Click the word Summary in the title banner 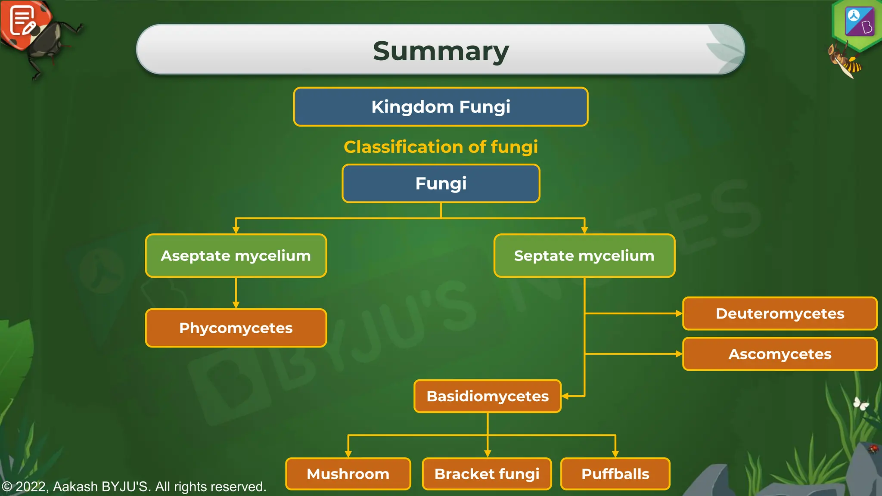(x=441, y=51)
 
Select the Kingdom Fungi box (x=441, y=107)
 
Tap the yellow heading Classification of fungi (x=441, y=147)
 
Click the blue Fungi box (x=441, y=183)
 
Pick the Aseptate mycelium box (x=236, y=256)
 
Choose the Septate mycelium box (x=584, y=256)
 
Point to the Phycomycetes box (x=236, y=328)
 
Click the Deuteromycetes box (x=780, y=313)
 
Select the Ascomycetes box (x=780, y=354)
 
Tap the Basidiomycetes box (x=487, y=396)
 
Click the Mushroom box (x=348, y=474)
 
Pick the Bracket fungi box (x=487, y=474)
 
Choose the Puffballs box (x=615, y=474)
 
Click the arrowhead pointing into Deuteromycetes (x=679, y=313)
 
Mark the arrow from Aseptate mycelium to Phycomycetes (x=236, y=293)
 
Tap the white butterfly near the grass (x=861, y=403)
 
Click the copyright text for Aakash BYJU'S (x=134, y=487)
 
